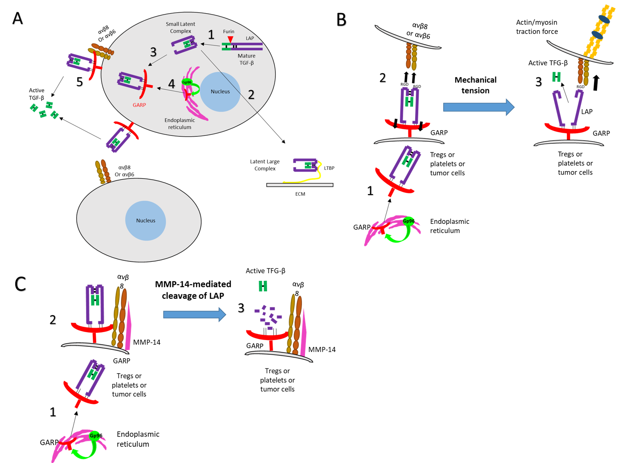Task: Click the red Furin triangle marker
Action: [x=230, y=40]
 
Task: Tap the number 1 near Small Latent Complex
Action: [x=211, y=34]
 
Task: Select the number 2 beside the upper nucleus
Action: [x=251, y=94]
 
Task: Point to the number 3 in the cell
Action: [x=153, y=52]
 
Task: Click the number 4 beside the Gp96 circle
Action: [x=172, y=83]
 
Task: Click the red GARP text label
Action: [x=139, y=105]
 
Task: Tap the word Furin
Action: [x=229, y=31]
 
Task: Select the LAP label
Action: [x=250, y=38]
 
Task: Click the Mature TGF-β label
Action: [x=247, y=59]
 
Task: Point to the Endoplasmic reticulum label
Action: [x=180, y=123]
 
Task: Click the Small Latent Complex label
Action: [x=181, y=28]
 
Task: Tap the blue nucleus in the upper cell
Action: [x=220, y=91]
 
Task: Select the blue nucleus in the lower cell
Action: [x=146, y=220]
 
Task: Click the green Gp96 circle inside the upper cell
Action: [x=187, y=82]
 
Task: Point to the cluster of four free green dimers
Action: [x=44, y=110]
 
